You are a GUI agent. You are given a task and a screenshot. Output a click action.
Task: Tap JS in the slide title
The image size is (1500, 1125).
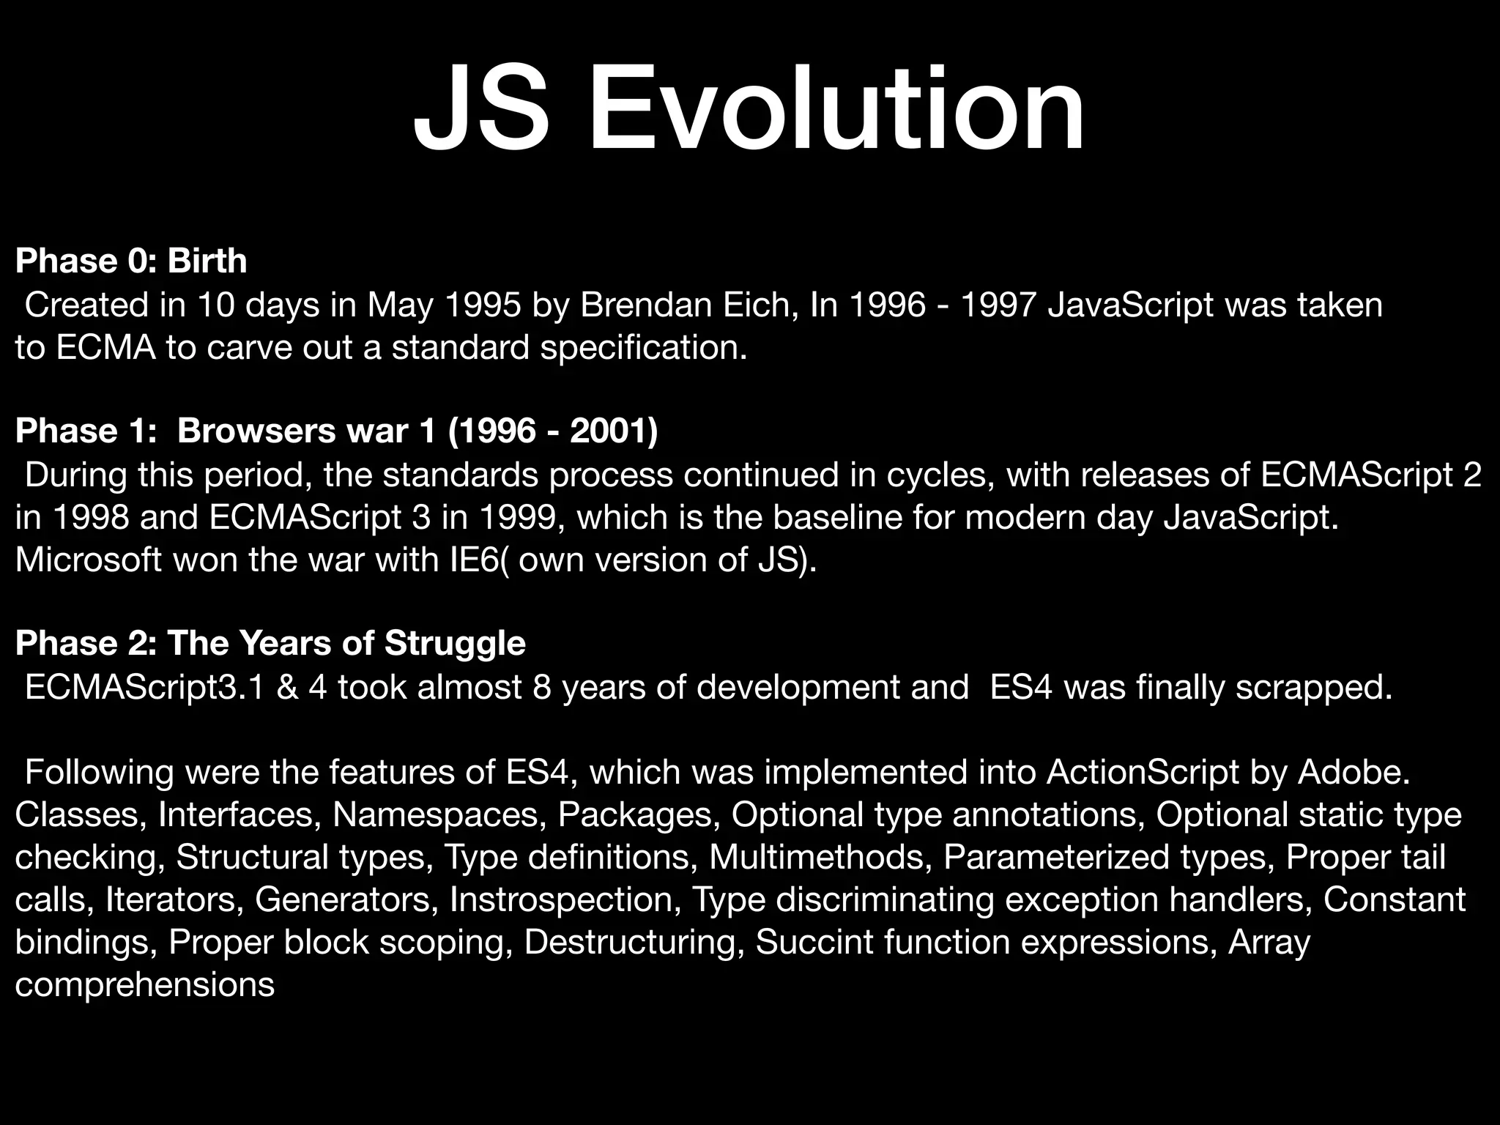pos(480,108)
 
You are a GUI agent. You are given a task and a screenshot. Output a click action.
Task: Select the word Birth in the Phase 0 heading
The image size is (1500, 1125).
pos(207,261)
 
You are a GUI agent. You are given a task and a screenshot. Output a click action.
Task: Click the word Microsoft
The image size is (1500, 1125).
pos(88,560)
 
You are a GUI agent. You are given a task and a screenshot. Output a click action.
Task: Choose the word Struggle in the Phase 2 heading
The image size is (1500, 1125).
pos(455,644)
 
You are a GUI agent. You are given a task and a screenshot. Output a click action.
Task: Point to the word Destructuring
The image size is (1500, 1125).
pos(630,942)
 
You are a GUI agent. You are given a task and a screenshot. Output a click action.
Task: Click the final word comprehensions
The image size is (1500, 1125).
pos(144,984)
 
